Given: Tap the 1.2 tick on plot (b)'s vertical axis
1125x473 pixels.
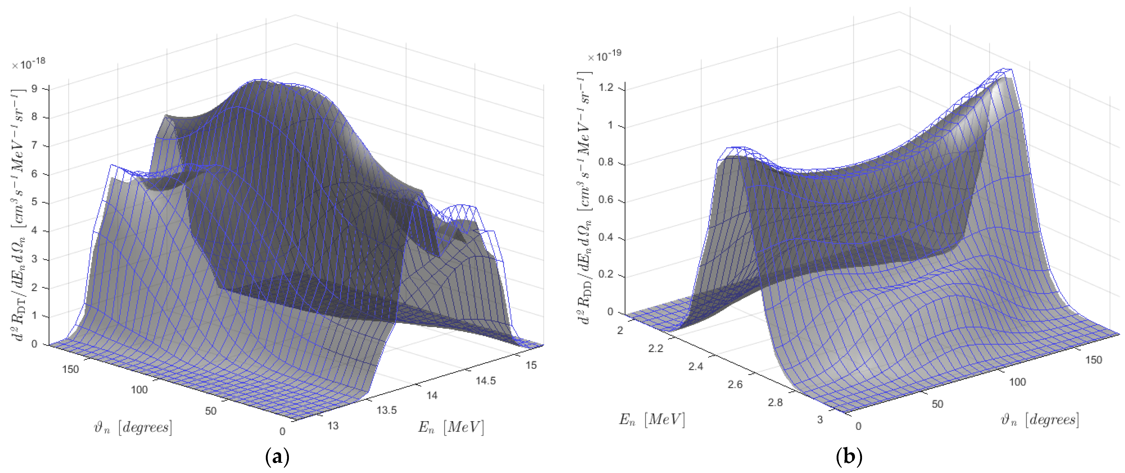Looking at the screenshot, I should click(605, 88).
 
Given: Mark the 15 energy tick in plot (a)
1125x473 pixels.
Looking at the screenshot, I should click(531, 365).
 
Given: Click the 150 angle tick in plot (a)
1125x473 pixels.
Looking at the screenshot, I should click(70, 369).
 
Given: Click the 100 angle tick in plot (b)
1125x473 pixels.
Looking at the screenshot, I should click(1017, 382).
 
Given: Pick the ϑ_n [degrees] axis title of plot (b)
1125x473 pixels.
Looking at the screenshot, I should click(1040, 420).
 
